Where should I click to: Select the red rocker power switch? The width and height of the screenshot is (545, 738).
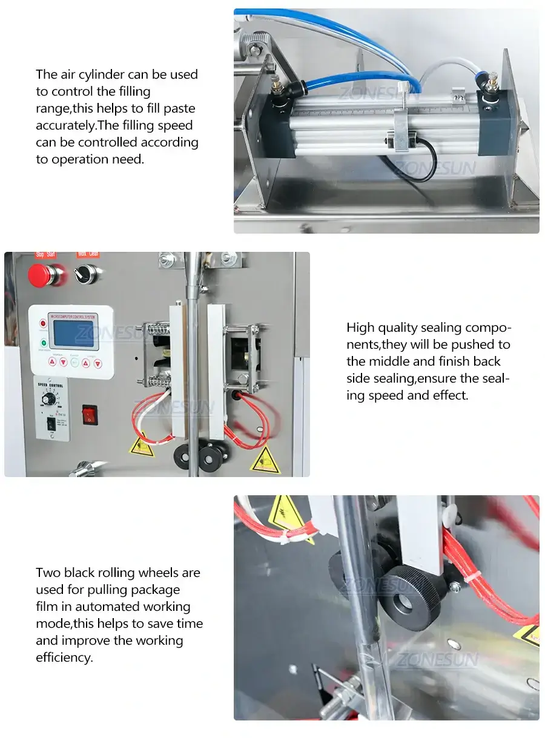tap(90, 414)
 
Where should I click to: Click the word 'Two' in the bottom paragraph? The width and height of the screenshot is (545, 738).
tap(48, 572)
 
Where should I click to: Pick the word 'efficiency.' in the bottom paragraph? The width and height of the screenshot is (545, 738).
tap(64, 657)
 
